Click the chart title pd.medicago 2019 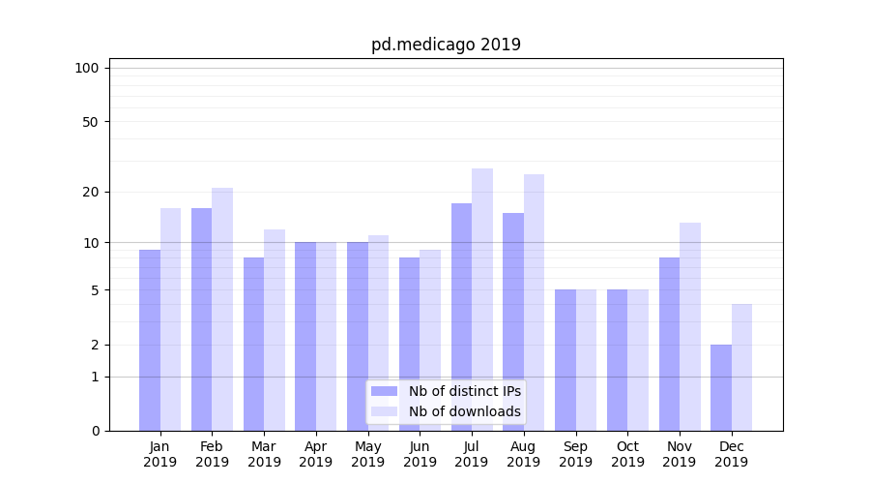coord(446,45)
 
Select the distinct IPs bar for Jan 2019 coord(150,340)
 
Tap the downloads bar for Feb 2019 coord(222,309)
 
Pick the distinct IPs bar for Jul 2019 coord(462,317)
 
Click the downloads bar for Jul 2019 coord(482,299)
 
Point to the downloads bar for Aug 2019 coord(534,302)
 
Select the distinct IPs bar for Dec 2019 coord(721,387)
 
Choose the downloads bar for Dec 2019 coord(741,367)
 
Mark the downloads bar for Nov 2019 coord(690,326)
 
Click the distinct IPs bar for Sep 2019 coord(565,360)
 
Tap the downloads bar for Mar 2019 coord(275,330)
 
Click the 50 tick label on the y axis coord(91,122)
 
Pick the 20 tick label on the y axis coord(91,192)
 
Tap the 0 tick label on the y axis coord(95,431)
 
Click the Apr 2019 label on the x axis coord(316,454)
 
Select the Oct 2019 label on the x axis coord(627,454)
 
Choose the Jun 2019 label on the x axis coord(420,454)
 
